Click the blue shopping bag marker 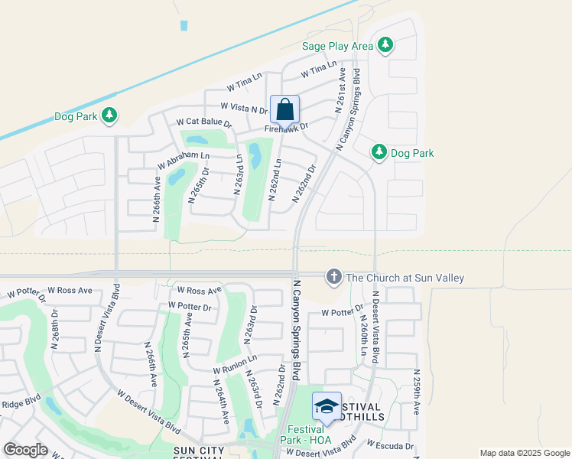point(284,110)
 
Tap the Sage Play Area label point(337,46)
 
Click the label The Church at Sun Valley point(405,278)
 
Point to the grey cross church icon point(333,276)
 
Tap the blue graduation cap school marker point(327,407)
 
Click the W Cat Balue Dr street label point(203,122)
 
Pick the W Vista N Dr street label point(245,106)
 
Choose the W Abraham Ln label point(183,160)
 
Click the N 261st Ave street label point(340,91)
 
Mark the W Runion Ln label point(235,363)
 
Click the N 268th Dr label point(54,330)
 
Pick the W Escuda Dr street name point(390,444)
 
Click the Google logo point(26,450)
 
